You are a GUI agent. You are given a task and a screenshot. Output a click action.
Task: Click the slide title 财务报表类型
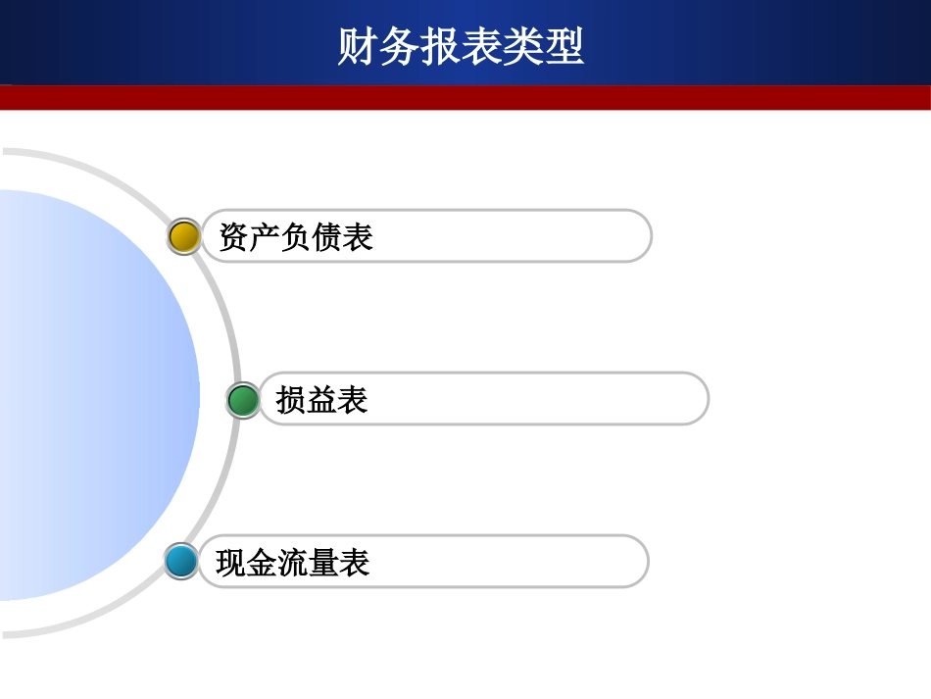461,46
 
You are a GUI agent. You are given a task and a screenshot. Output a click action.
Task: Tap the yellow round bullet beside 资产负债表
184,236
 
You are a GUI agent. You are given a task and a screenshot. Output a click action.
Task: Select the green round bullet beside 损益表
243,400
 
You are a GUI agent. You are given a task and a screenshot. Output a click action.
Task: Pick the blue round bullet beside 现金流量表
181,562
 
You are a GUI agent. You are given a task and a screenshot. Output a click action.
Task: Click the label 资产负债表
296,237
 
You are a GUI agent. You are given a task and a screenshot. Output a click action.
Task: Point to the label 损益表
321,400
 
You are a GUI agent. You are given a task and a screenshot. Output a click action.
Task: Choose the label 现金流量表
293,563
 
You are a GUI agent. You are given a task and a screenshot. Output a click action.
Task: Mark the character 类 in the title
523,46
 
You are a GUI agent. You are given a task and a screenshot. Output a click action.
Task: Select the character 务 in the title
400,46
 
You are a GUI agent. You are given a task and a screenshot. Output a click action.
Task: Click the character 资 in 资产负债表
234,237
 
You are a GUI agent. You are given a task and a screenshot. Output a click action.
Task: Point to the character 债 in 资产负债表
327,237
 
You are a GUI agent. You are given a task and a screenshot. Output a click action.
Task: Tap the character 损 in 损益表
291,400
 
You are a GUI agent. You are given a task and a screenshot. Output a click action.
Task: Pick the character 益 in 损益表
321,400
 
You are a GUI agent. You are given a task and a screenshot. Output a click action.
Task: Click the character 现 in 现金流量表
231,563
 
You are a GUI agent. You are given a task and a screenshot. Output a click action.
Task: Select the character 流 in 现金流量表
293,563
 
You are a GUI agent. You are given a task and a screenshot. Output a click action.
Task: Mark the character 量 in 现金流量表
323,563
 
